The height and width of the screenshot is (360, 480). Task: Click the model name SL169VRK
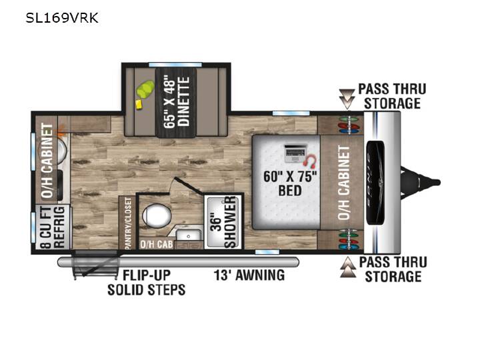62,18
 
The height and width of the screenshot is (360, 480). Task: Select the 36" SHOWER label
224,223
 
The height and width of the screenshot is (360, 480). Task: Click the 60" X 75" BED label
290,183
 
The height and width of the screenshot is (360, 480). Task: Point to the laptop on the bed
295,153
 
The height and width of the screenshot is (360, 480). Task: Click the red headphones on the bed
311,161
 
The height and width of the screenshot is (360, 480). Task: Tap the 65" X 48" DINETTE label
176,102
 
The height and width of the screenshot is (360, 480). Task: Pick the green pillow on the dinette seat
145,89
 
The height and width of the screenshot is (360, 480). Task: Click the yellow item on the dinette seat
139,104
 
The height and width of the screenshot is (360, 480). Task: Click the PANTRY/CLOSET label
128,223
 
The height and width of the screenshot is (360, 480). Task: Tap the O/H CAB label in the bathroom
157,244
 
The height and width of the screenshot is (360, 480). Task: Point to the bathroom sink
189,236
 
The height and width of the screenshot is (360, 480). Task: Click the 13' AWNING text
249,275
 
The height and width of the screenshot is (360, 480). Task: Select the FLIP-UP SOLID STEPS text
146,283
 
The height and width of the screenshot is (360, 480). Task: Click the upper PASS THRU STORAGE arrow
347,99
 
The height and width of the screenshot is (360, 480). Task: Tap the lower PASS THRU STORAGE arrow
349,267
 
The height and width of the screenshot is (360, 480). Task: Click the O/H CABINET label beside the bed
344,183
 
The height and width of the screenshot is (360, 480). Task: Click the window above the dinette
175,65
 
